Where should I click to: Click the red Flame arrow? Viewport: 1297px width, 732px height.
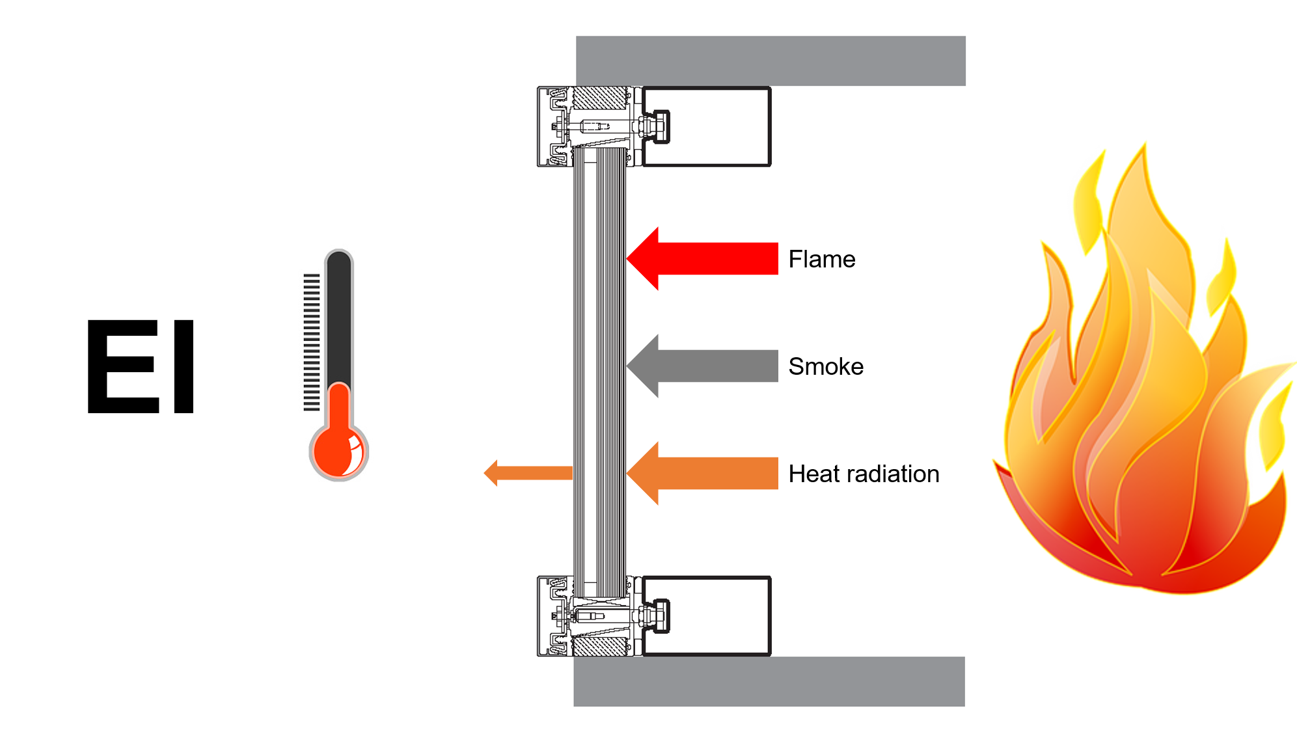click(x=702, y=258)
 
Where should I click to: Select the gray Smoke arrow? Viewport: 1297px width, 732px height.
click(x=702, y=366)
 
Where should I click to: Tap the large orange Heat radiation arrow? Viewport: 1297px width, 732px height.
click(x=702, y=473)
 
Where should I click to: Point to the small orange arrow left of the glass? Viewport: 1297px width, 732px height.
click(x=528, y=473)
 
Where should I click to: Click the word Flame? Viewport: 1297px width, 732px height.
click(x=822, y=259)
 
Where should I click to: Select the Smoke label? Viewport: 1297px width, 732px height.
click(x=826, y=366)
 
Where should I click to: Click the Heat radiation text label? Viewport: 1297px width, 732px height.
click(x=864, y=474)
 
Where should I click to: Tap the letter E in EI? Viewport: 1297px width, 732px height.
click(x=124, y=366)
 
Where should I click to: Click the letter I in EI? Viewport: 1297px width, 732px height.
click(x=184, y=366)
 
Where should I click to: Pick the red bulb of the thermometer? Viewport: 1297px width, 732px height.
click(x=338, y=451)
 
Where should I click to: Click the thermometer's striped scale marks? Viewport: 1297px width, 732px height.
click(x=312, y=342)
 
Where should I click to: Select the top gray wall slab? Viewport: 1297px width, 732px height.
click(x=771, y=61)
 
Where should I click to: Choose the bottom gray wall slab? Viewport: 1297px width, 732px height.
click(x=769, y=681)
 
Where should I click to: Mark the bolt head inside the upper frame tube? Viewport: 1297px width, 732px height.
click(x=661, y=127)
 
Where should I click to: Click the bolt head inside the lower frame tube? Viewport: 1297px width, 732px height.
click(x=661, y=616)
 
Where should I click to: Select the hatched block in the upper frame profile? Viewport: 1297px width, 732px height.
click(x=599, y=98)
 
